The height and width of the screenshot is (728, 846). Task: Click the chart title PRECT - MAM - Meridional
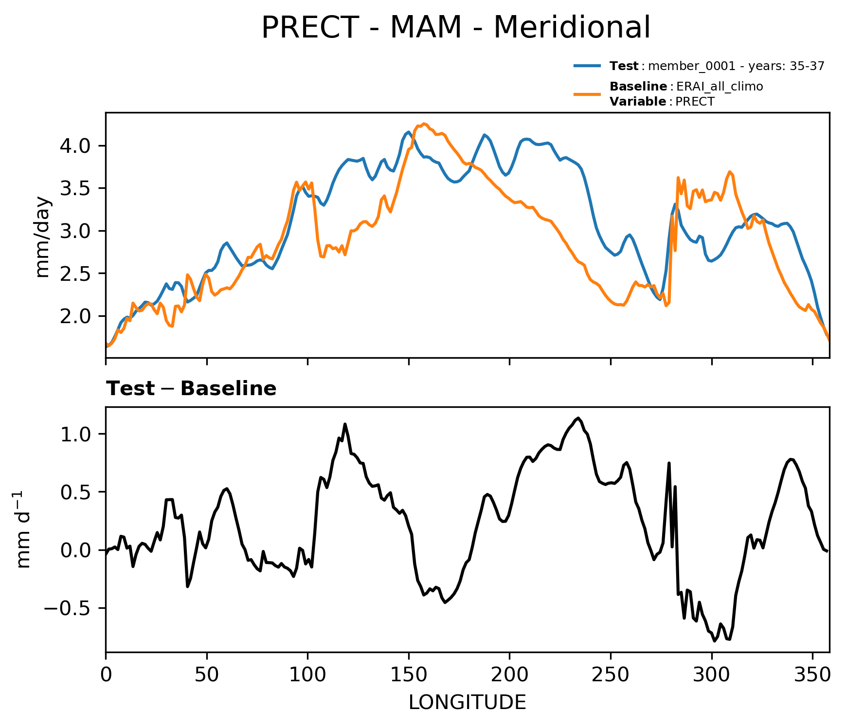(455, 27)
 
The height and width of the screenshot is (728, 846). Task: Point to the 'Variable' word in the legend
(638, 102)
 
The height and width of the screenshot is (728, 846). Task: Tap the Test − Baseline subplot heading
(191, 389)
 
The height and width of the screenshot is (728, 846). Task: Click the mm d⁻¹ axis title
(23, 529)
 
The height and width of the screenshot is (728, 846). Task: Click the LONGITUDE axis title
(467, 702)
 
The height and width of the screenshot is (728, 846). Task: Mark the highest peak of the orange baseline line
(424, 124)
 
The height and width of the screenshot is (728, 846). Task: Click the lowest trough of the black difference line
(715, 641)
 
